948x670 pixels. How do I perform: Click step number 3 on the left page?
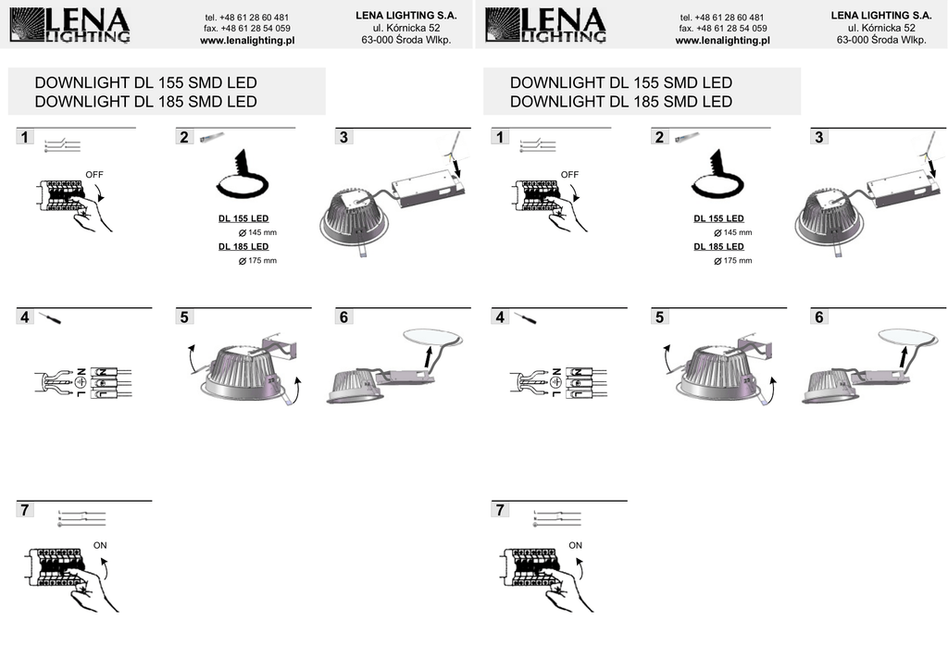344,137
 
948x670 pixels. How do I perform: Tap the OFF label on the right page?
569,175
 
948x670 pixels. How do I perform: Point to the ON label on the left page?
100,545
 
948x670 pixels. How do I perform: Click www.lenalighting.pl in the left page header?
247,41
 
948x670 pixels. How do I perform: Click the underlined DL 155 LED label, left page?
243,218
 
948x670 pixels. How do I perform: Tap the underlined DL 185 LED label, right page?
718,246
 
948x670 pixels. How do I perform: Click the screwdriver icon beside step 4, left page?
50,317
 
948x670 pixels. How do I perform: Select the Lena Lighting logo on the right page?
544,25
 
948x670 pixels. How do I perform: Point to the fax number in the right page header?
723,29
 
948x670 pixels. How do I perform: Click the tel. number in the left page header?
246,18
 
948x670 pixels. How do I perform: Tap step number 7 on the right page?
500,510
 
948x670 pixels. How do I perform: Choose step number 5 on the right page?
659,317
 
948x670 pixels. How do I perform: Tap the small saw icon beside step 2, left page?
212,137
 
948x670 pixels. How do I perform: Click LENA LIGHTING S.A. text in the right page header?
881,16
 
